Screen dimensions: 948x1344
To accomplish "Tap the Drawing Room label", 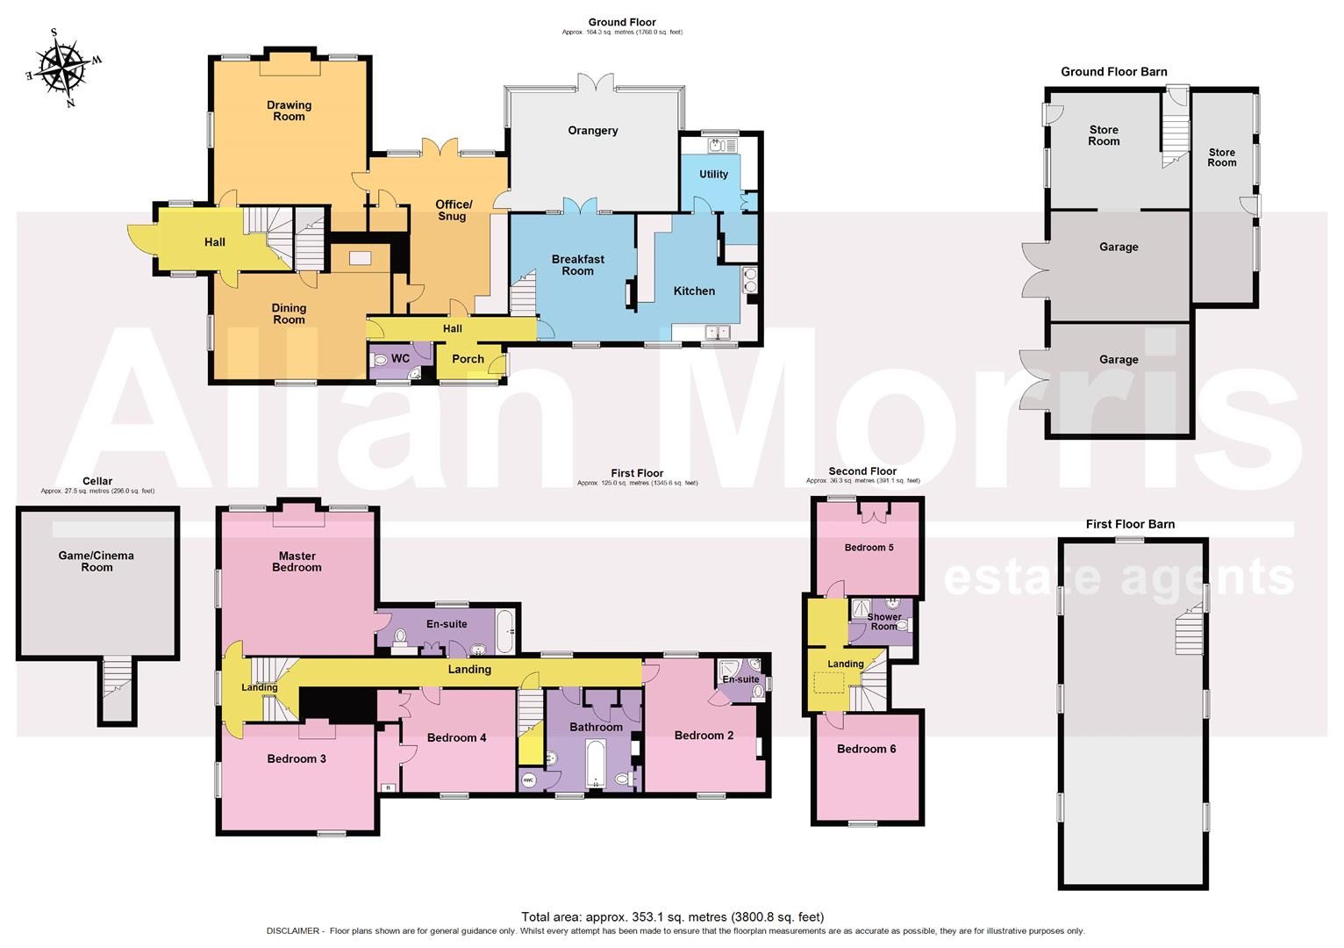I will pos(289,111).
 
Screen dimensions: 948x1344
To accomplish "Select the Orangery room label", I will pos(593,131).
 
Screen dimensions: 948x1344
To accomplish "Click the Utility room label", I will pos(713,175).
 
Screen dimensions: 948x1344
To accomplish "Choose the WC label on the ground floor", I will pos(400,359).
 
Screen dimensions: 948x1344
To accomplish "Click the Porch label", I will pos(468,359).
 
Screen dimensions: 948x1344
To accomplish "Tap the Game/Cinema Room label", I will pos(97,562).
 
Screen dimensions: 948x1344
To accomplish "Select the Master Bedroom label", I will pos(297,562).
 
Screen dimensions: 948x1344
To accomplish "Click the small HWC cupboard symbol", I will pos(528,779).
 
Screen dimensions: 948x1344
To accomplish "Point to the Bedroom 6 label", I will pos(866,749).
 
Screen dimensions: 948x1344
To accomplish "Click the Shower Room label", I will pos(883,621).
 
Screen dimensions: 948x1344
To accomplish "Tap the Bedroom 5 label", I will pos(869,548).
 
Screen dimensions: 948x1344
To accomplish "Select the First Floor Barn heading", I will pos(1130,524).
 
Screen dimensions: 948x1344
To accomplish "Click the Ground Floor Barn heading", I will pos(1113,72).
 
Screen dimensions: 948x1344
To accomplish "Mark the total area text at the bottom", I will pos(672,917).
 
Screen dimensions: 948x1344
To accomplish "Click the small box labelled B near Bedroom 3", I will pos(388,787).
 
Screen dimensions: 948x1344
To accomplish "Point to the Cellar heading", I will pos(97,481).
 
